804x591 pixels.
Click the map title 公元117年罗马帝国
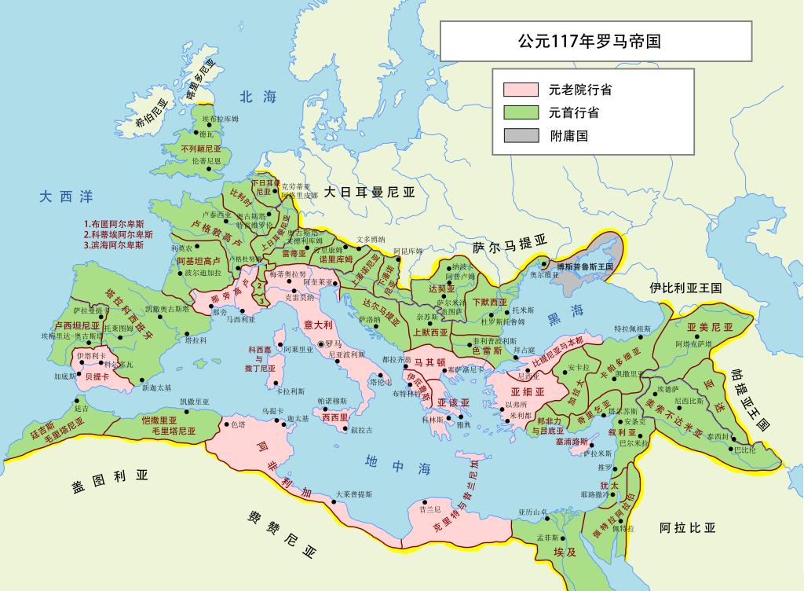(588, 41)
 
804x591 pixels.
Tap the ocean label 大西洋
(66, 196)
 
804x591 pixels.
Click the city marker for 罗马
(320, 344)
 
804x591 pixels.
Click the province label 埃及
(559, 552)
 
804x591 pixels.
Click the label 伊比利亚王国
(685, 288)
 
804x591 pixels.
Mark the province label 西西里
(335, 417)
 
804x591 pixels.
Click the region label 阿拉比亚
(687, 527)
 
